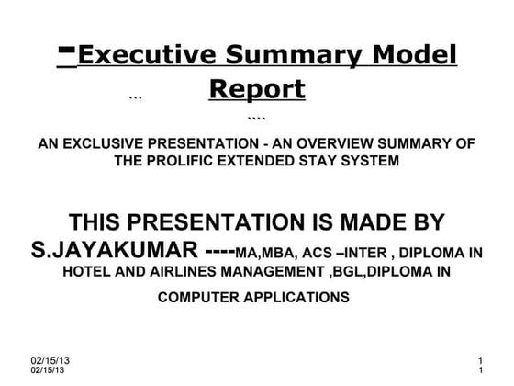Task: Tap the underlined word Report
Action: [x=257, y=91]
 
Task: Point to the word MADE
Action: [x=370, y=222]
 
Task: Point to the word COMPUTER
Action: [x=201, y=298]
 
